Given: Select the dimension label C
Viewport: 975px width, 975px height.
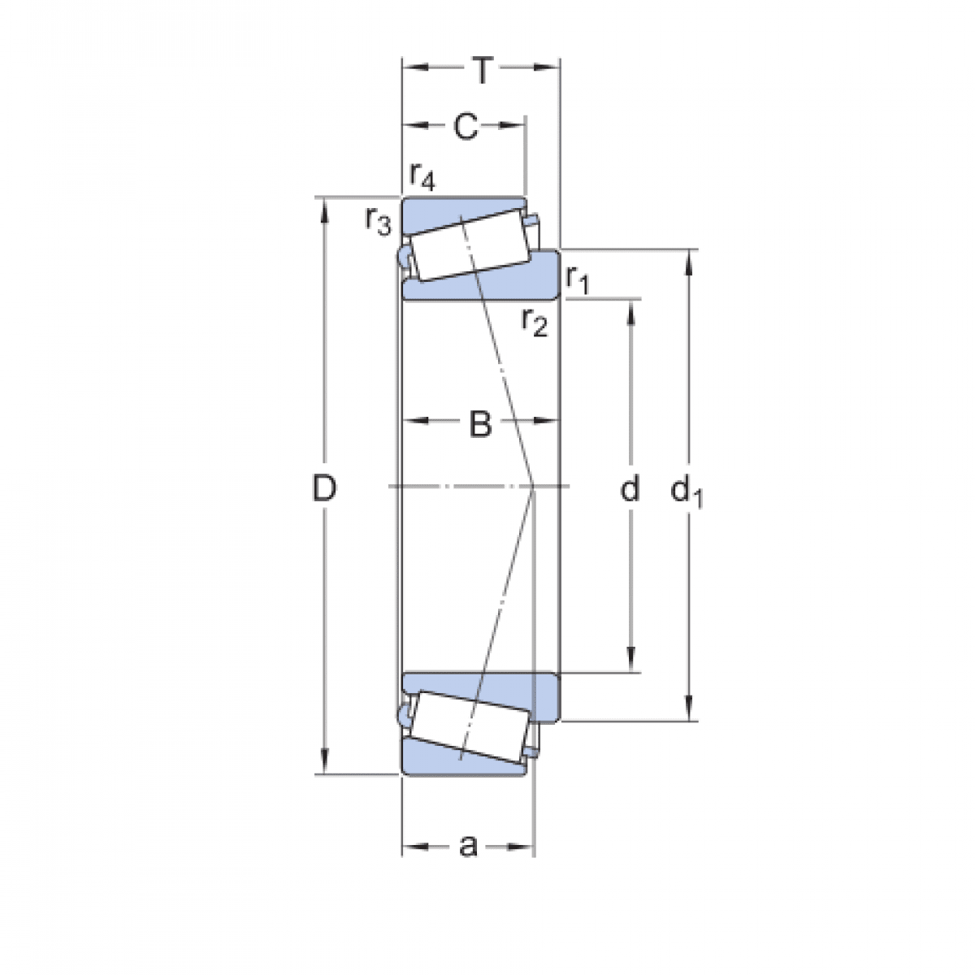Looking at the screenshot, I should (465, 127).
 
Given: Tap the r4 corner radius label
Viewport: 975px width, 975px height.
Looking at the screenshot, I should (422, 175).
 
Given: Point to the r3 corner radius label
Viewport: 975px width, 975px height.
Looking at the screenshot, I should (378, 219).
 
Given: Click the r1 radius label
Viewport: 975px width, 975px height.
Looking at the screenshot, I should (578, 280).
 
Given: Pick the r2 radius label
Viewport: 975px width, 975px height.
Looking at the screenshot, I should (535, 323).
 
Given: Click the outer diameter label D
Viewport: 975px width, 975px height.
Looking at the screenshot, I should (325, 489).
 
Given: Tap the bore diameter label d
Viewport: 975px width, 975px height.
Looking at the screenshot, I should (630, 489).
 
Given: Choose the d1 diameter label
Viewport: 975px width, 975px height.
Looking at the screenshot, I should (687, 491).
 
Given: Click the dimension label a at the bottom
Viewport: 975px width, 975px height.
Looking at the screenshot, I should (468, 847).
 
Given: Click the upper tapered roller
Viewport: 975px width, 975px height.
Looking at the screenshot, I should (470, 246).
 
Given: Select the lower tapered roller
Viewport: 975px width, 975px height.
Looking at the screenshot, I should (470, 726).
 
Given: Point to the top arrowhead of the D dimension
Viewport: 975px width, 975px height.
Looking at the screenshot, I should (325, 208).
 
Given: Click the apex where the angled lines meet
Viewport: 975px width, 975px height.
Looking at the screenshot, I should (533, 487).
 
